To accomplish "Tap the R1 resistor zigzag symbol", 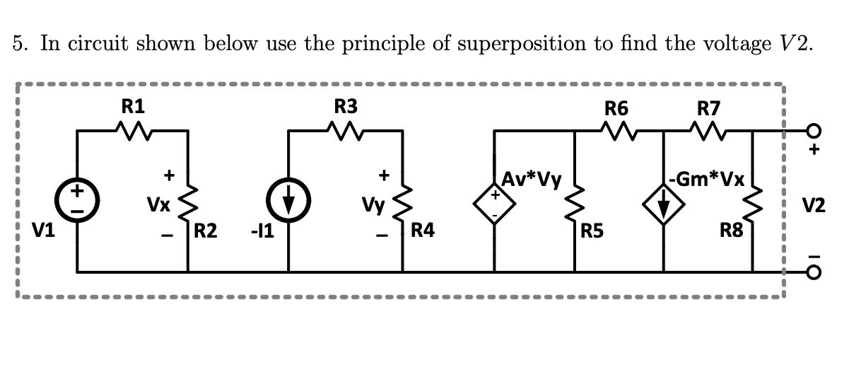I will tap(132, 130).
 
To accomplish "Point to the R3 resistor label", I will tap(346, 107).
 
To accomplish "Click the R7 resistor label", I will tap(708, 108).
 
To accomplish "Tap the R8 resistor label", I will tap(731, 229).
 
